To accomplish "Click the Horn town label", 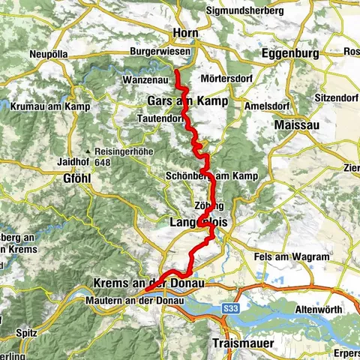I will pyautogui.click(x=184, y=33).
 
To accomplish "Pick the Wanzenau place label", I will pyautogui.click(x=143, y=79).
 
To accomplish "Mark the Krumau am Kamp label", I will pyautogui.click(x=50, y=107).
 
